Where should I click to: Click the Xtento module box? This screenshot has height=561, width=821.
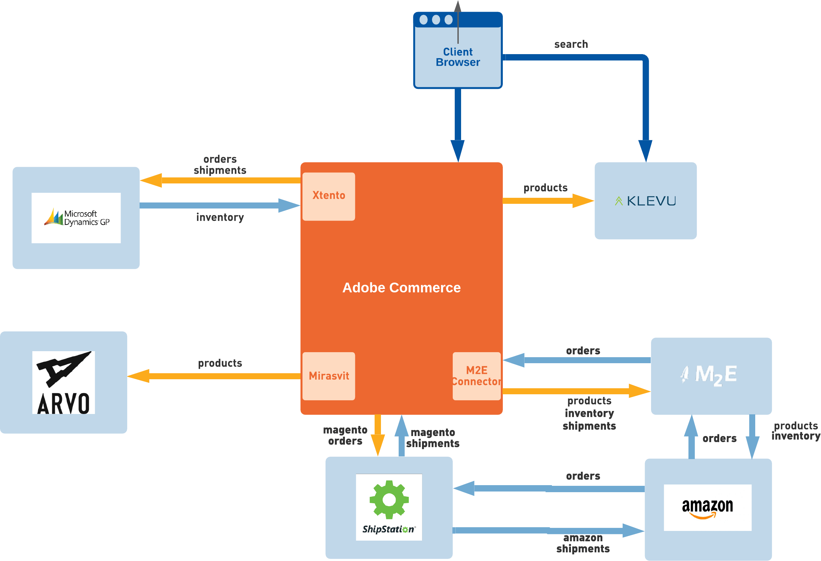329,196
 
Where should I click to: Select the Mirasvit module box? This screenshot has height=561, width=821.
329,376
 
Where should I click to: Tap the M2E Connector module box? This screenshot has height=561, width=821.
476,376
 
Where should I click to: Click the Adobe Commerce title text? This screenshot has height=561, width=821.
401,287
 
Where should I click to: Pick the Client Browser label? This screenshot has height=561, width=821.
458,57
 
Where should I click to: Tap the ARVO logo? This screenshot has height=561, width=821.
63,382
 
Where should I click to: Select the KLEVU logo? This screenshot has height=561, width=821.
645,201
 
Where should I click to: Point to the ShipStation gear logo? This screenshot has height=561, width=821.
389,500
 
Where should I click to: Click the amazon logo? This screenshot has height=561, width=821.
707,507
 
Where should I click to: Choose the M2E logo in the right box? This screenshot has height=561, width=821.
710,375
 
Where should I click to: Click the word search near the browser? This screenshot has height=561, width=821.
571,44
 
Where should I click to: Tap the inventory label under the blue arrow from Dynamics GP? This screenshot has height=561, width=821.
220,217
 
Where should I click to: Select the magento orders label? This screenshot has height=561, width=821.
345,435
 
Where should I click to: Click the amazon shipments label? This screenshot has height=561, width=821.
583,543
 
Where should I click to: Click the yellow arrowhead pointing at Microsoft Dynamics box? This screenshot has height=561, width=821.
151,180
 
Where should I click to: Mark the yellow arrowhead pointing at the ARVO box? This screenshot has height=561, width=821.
139,376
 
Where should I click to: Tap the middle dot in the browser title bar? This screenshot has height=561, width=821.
436,20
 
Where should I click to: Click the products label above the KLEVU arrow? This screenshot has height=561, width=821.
546,188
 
